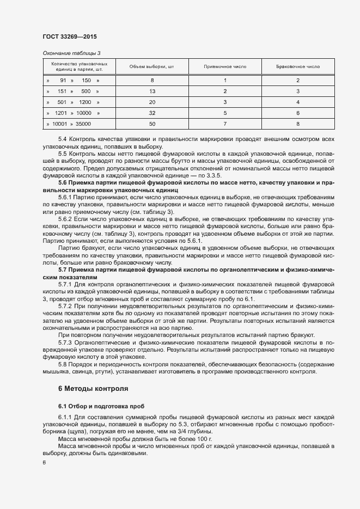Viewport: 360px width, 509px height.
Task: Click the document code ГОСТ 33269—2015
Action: tap(71, 36)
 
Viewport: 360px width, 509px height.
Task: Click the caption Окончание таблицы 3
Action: tap(71, 53)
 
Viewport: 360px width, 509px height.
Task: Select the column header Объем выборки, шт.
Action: tap(151, 66)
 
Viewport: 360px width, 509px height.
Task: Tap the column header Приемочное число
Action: tap(225, 66)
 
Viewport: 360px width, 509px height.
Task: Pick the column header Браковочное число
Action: tap(298, 66)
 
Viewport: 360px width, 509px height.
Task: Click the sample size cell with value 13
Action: tap(152, 91)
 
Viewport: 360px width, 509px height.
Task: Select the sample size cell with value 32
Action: tap(152, 113)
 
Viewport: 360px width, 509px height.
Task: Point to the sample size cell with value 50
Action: tap(152, 124)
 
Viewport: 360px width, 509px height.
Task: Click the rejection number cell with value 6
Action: tap(298, 113)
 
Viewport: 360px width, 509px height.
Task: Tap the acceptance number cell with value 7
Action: tap(225, 124)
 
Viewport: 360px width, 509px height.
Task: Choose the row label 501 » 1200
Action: tap(73, 102)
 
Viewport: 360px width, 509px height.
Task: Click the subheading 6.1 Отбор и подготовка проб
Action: tap(101, 407)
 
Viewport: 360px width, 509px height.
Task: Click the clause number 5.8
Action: tap(62, 364)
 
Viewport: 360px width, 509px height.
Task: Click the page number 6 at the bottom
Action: tap(44, 462)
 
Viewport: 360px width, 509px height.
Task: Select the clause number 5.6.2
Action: tap(65, 218)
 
